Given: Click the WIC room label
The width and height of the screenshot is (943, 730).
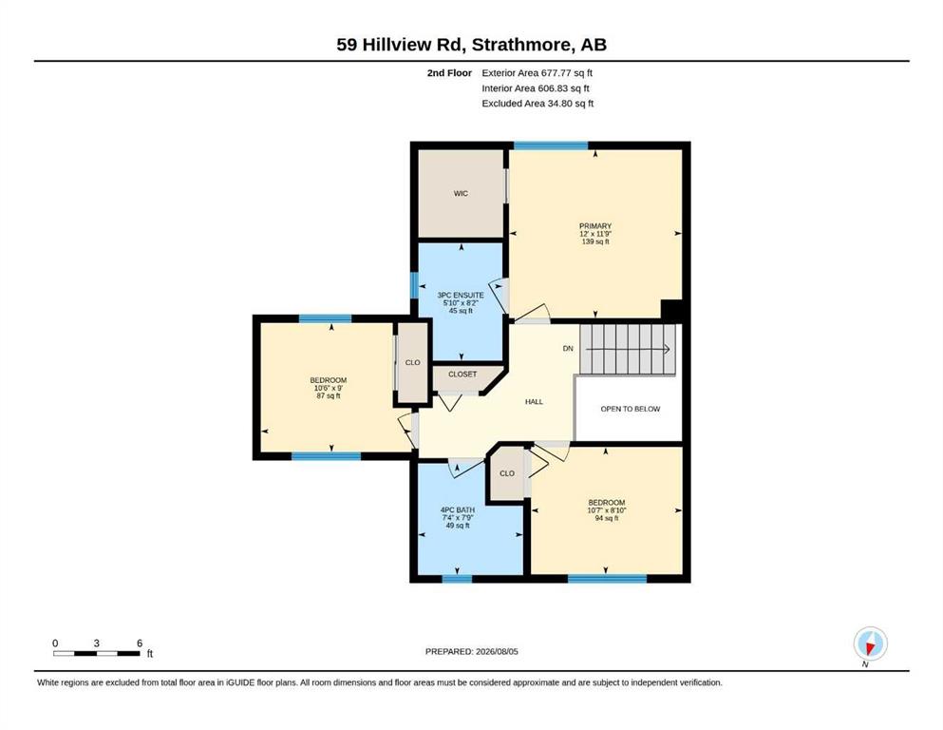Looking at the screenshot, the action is (461, 193).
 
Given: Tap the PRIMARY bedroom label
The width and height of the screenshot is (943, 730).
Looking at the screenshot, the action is (595, 225).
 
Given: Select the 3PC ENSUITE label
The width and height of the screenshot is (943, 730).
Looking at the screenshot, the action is (461, 295).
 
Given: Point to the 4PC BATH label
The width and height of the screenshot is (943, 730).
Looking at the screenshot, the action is (458, 509).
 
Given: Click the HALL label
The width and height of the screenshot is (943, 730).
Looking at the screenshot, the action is (534, 401).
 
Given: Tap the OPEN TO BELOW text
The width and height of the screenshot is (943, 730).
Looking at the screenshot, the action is (631, 409).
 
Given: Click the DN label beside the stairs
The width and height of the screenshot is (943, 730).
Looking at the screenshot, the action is (568, 349).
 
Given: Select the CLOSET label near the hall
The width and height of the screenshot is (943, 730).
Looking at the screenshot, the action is (462, 374).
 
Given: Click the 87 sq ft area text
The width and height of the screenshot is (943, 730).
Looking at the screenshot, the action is (329, 395).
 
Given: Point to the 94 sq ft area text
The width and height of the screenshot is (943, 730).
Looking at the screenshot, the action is (607, 518).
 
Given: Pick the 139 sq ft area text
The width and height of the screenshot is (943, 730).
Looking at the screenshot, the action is (595, 241).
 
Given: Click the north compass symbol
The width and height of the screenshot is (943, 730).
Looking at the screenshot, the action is (870, 644).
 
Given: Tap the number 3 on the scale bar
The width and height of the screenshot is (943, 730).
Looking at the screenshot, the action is (96, 643).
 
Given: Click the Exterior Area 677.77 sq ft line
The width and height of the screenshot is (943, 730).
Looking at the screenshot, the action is (538, 73).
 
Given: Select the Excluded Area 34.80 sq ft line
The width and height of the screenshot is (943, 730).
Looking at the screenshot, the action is (538, 103).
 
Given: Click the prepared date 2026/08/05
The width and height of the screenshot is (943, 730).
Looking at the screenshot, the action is (497, 651).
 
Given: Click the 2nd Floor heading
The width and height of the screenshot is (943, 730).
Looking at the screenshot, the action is (449, 73).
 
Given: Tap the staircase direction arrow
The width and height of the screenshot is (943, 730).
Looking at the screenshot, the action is (628, 349).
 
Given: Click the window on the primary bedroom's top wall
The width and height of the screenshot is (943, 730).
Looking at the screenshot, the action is (550, 145).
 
